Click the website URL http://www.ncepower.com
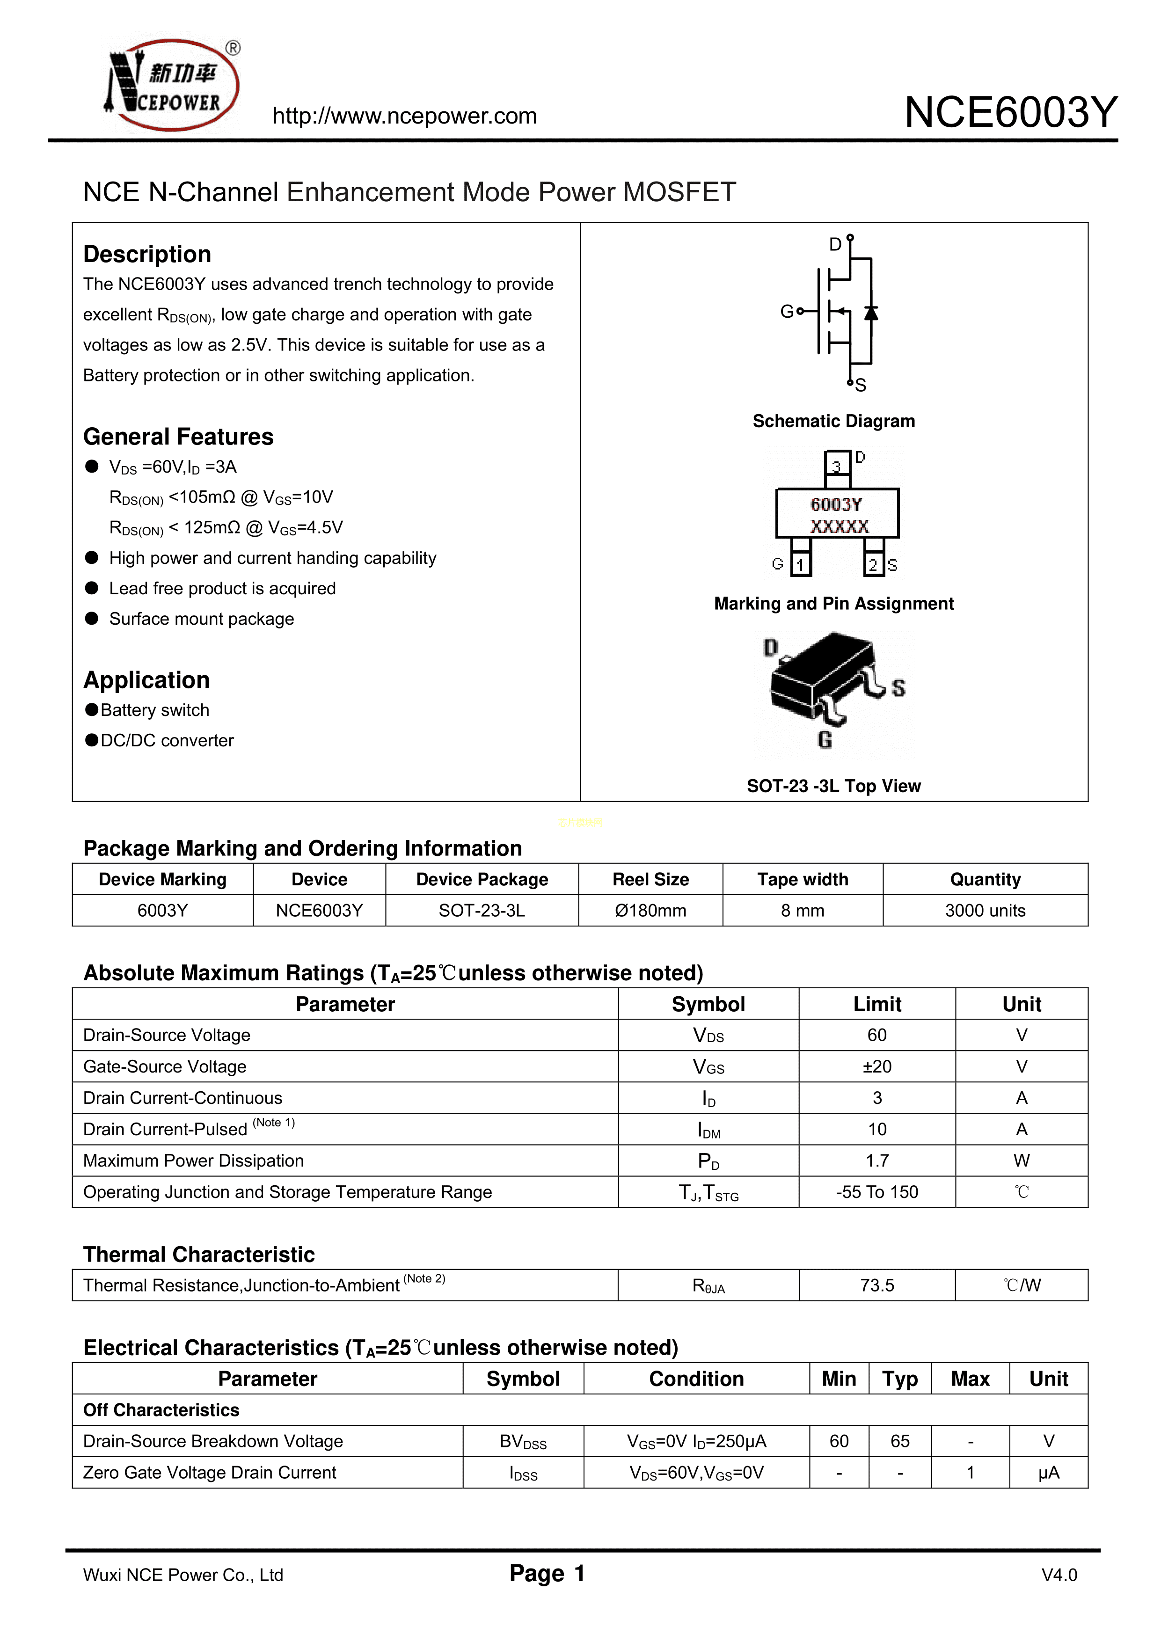coord(404,116)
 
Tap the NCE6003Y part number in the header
coord(1010,112)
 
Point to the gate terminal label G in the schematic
coord(786,311)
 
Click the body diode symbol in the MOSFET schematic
coord(870,313)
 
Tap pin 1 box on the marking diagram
coord(801,564)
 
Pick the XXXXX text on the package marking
coord(839,526)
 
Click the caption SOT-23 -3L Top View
coord(833,786)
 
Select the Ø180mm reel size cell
coord(650,911)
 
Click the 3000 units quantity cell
coord(985,911)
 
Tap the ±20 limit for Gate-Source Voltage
coord(877,1066)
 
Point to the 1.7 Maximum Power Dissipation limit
coord(877,1160)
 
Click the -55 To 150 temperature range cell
coord(877,1192)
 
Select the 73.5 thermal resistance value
coord(877,1285)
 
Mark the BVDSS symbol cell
coord(523,1441)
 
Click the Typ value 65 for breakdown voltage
coord(900,1441)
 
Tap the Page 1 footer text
coord(547,1573)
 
